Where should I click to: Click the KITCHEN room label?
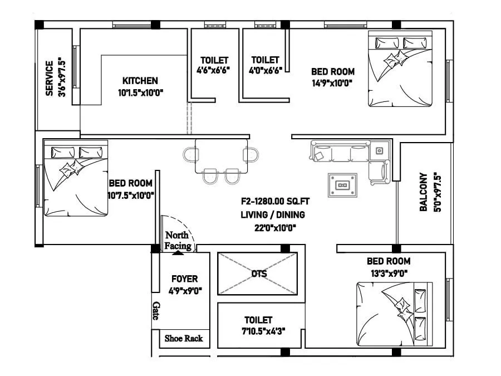click(140, 81)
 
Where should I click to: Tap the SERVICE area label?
click(50, 79)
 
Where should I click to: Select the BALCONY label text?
click(424, 192)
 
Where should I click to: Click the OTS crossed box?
click(258, 274)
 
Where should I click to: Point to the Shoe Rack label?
click(183, 338)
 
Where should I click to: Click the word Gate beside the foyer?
click(156, 311)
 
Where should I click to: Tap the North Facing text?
click(178, 241)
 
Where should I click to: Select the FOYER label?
click(184, 279)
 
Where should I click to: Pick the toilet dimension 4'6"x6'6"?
click(213, 70)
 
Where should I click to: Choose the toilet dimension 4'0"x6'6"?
click(266, 70)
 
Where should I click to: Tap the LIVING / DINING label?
click(273, 214)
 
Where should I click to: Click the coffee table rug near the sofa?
click(343, 185)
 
